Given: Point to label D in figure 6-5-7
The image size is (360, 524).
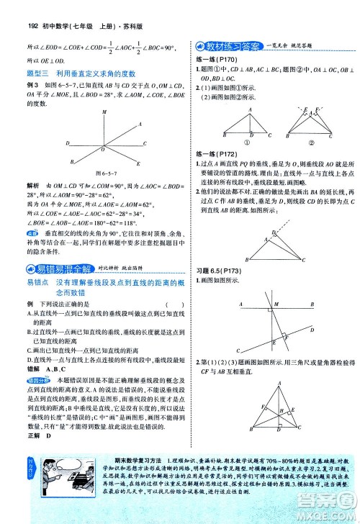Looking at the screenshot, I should click(x=68, y=143).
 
